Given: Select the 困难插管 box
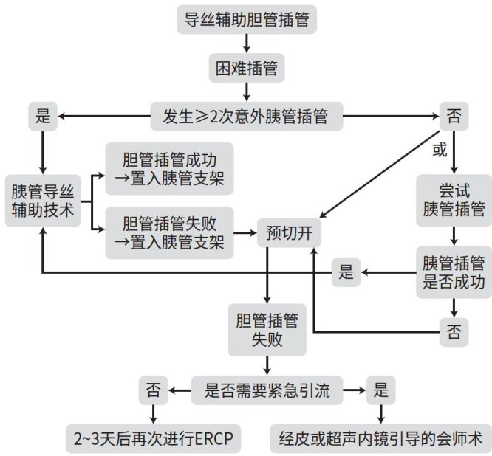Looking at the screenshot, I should tap(247, 68).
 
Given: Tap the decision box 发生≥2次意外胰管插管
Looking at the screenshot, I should tap(247, 115).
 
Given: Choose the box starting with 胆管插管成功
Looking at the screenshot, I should tap(168, 168).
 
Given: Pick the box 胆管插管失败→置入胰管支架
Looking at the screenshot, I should tap(168, 232).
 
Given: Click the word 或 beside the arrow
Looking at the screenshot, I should tap(439, 150).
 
